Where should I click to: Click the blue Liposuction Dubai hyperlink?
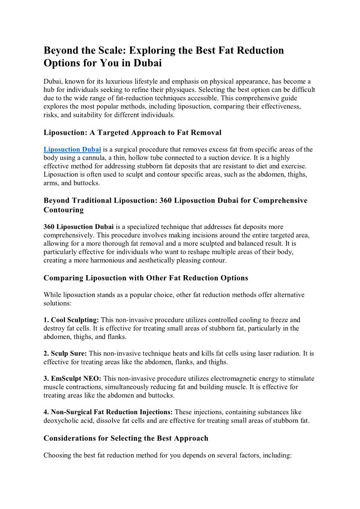tap(72, 149)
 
